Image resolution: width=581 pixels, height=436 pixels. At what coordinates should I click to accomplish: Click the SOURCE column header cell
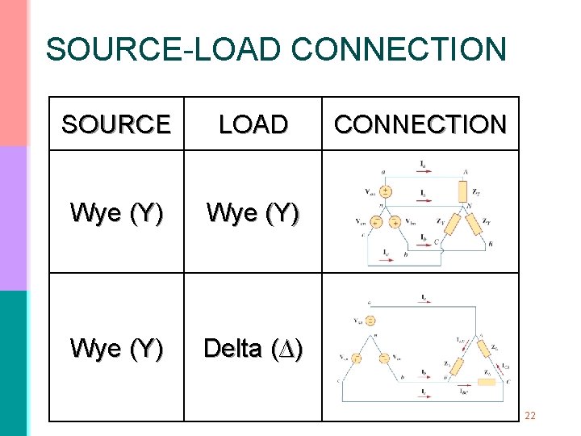[116, 124]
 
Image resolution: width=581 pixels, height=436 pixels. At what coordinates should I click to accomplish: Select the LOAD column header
[253, 124]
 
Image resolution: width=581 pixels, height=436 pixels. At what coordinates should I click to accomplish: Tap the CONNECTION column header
[420, 124]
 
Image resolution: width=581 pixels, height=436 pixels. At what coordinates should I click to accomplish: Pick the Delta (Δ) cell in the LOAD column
[253, 348]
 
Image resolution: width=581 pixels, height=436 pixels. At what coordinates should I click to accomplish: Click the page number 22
[530, 416]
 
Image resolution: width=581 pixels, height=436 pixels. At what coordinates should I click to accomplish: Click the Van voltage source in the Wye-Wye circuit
[386, 192]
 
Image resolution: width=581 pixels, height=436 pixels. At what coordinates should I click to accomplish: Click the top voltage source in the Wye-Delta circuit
[370, 321]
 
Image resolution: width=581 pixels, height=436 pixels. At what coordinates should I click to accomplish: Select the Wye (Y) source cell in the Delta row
[116, 348]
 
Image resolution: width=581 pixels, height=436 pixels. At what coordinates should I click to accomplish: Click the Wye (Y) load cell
[253, 212]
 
